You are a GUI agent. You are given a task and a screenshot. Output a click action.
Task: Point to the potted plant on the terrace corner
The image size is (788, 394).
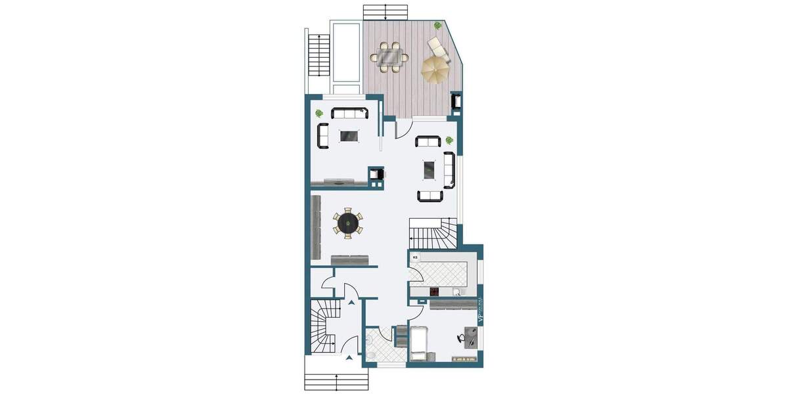[437, 26]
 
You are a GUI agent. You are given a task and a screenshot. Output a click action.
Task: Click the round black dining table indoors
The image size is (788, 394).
[347, 223]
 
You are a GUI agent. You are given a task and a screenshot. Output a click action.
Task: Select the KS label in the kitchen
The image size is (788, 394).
[414, 258]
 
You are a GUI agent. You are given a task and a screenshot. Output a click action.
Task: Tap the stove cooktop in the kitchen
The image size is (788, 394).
[435, 292]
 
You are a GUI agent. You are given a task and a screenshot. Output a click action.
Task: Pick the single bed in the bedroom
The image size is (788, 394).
[419, 343]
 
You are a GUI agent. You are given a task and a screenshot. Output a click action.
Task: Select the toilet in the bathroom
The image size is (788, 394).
[372, 355]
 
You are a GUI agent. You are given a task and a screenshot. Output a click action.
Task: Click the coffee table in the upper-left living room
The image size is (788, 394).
[349, 136]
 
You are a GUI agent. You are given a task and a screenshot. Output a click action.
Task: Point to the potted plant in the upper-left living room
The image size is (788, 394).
[319, 113]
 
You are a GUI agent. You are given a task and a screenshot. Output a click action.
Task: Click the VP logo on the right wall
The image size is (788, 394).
[479, 316]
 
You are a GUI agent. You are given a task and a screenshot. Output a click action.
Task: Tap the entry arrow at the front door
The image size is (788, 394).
[350, 358]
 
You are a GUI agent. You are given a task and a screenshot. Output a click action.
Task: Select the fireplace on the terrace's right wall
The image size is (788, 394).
[455, 101]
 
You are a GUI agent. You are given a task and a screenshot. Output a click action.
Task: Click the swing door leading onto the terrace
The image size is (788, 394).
[402, 129]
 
